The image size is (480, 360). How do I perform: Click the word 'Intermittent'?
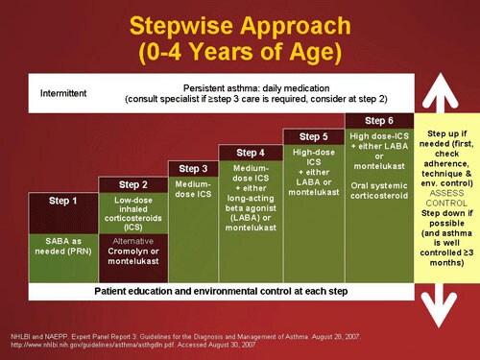(x=63, y=93)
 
